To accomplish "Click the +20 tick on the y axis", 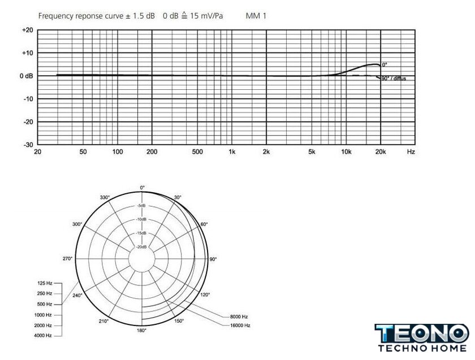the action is [28, 31].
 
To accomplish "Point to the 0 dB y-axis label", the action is [27, 76].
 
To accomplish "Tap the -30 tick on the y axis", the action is [28, 145].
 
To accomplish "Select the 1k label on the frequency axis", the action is [232, 152].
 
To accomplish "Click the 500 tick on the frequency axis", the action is [197, 152].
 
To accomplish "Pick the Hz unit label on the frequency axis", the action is [411, 152].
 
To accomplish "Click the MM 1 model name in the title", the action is [256, 16].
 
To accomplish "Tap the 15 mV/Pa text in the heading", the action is [206, 16].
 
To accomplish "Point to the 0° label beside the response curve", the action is [385, 65].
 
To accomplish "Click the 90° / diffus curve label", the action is [394, 79].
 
